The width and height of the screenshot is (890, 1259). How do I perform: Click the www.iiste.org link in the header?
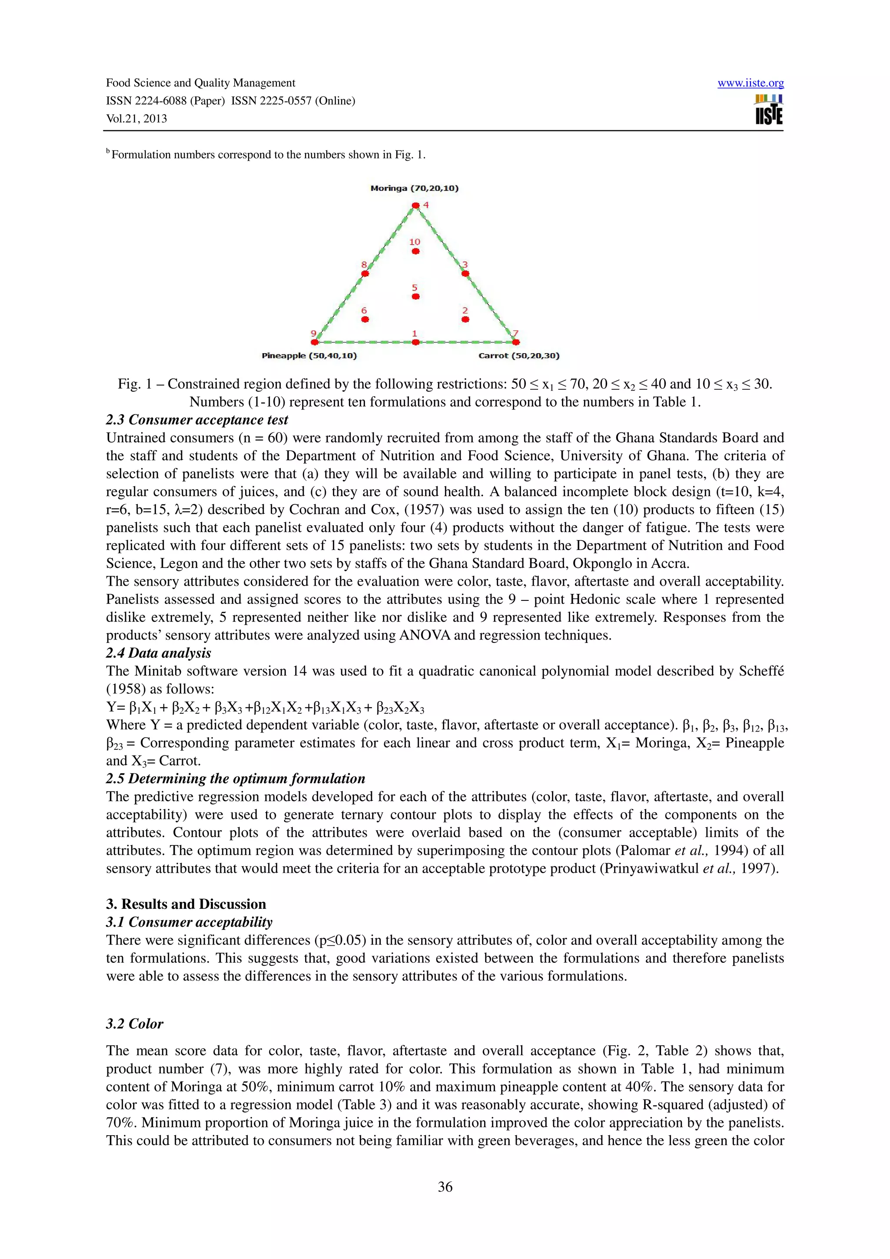(x=750, y=83)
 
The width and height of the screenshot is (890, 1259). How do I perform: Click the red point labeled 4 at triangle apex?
(x=415, y=205)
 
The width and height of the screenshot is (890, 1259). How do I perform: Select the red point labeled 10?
(x=415, y=251)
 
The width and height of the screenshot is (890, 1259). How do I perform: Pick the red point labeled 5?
(x=415, y=297)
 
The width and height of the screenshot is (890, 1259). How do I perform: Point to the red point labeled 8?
(x=365, y=274)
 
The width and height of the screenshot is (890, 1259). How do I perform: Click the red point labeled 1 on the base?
(x=415, y=342)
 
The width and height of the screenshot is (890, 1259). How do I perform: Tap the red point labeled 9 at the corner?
(x=315, y=342)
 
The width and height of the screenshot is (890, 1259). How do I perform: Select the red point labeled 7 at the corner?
(x=516, y=342)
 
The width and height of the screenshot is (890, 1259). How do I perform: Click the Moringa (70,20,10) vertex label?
(x=415, y=188)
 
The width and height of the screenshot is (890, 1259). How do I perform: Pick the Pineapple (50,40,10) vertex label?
(x=309, y=356)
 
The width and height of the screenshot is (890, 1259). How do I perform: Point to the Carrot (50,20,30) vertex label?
(x=519, y=356)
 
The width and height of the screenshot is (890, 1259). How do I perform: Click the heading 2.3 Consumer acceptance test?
(x=197, y=420)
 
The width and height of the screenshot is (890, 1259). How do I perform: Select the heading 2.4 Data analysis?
(x=159, y=653)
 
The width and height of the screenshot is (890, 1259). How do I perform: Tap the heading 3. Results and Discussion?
(x=186, y=904)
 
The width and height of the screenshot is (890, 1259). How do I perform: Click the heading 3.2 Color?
(x=134, y=1024)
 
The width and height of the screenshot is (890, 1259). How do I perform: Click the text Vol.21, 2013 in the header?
(x=136, y=119)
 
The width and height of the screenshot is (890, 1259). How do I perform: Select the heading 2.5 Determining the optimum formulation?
(x=235, y=779)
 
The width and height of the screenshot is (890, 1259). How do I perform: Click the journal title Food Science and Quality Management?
(x=200, y=83)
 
